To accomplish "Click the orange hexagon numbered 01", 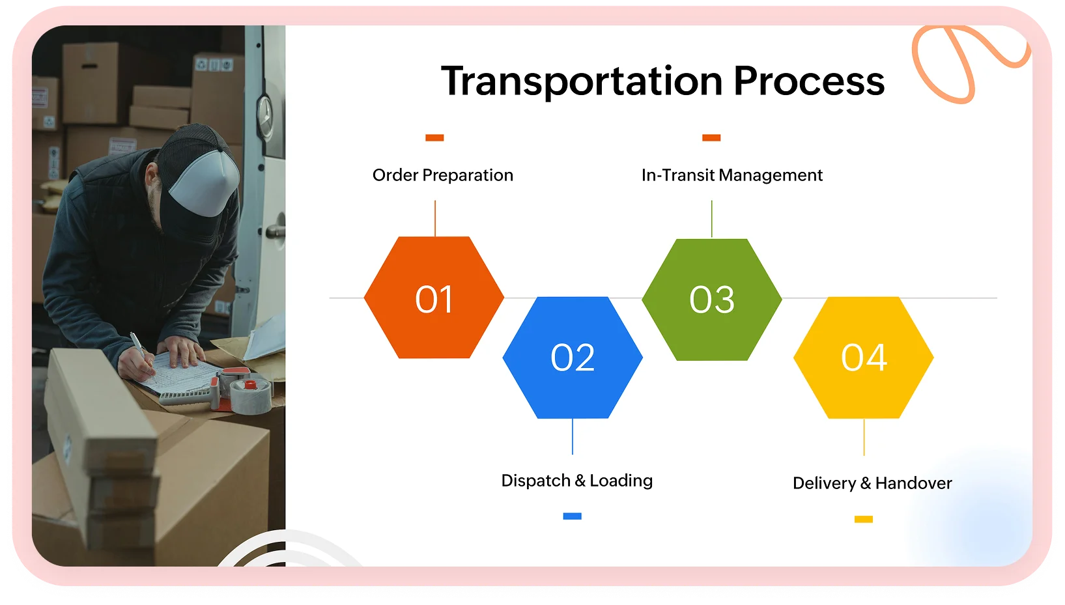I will coord(434,298).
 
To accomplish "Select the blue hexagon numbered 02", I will coord(573,358).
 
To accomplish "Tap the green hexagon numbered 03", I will coord(712,300).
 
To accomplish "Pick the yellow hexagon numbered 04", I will coord(864,358).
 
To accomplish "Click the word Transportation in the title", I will coord(582,81).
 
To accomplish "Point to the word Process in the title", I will coord(809,81).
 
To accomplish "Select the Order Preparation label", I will coord(443,175).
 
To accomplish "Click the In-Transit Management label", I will coord(731,175).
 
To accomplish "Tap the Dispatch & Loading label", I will coord(576,481).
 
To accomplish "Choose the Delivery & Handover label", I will coord(872,483).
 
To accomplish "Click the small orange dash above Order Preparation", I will coord(434,137).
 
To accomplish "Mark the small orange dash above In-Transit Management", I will coord(711,137).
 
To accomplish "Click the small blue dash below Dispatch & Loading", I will coord(572,516).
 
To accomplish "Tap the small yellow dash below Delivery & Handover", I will coord(863,519).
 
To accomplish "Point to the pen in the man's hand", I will coord(139,345).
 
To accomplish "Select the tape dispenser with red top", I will coord(248,391).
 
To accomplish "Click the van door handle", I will coord(275,231).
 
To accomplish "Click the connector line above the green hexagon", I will coord(712,219).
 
